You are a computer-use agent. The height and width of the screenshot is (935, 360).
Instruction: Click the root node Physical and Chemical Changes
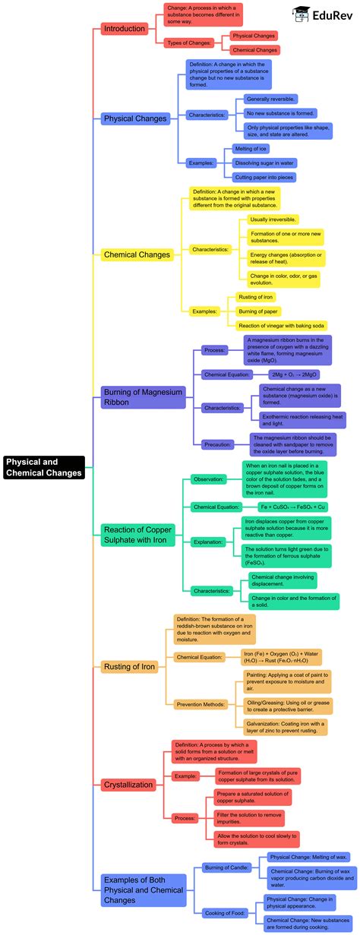click(43, 467)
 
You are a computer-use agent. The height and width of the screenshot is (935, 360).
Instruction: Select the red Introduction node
click(124, 29)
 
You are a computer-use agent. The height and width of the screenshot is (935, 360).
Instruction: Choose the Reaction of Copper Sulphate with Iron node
click(138, 534)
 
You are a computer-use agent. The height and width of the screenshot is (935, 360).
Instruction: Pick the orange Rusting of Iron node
click(129, 667)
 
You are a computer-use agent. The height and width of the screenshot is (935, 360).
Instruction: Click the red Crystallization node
click(128, 785)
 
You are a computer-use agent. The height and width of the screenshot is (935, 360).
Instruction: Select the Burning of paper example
click(259, 311)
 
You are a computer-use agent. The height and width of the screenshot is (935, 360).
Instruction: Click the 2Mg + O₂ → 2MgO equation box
click(295, 374)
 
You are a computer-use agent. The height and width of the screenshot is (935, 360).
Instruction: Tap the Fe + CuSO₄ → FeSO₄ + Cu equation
click(293, 507)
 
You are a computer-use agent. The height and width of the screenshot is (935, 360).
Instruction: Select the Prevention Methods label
click(201, 705)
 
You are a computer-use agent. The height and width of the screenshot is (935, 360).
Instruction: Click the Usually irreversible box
click(273, 220)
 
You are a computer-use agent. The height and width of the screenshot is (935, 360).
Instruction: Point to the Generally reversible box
click(270, 99)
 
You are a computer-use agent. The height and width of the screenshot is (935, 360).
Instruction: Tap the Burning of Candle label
click(226, 866)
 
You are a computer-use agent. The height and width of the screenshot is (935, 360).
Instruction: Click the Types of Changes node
click(187, 43)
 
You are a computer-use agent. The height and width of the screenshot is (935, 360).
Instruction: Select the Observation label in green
click(208, 479)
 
